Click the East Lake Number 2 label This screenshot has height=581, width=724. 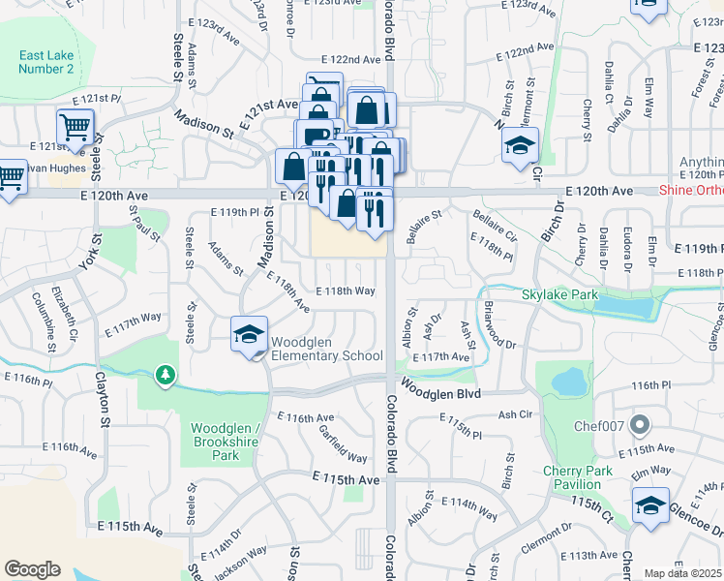point(45,62)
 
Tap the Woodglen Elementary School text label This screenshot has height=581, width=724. point(326,349)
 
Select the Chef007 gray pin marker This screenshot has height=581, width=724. point(638,424)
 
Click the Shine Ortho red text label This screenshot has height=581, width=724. point(684,191)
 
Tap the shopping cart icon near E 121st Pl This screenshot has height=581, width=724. point(75,127)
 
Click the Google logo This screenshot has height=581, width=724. point(32,569)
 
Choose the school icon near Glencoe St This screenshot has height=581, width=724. point(649,505)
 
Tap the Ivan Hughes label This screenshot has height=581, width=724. point(41,168)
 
